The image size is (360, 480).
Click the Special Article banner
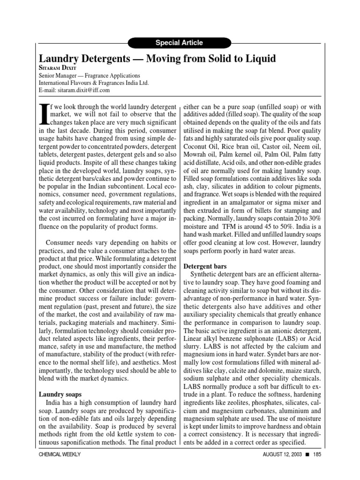[180, 43]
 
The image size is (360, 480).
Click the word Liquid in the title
[257, 59]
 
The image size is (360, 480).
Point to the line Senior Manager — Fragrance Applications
[89, 75]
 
